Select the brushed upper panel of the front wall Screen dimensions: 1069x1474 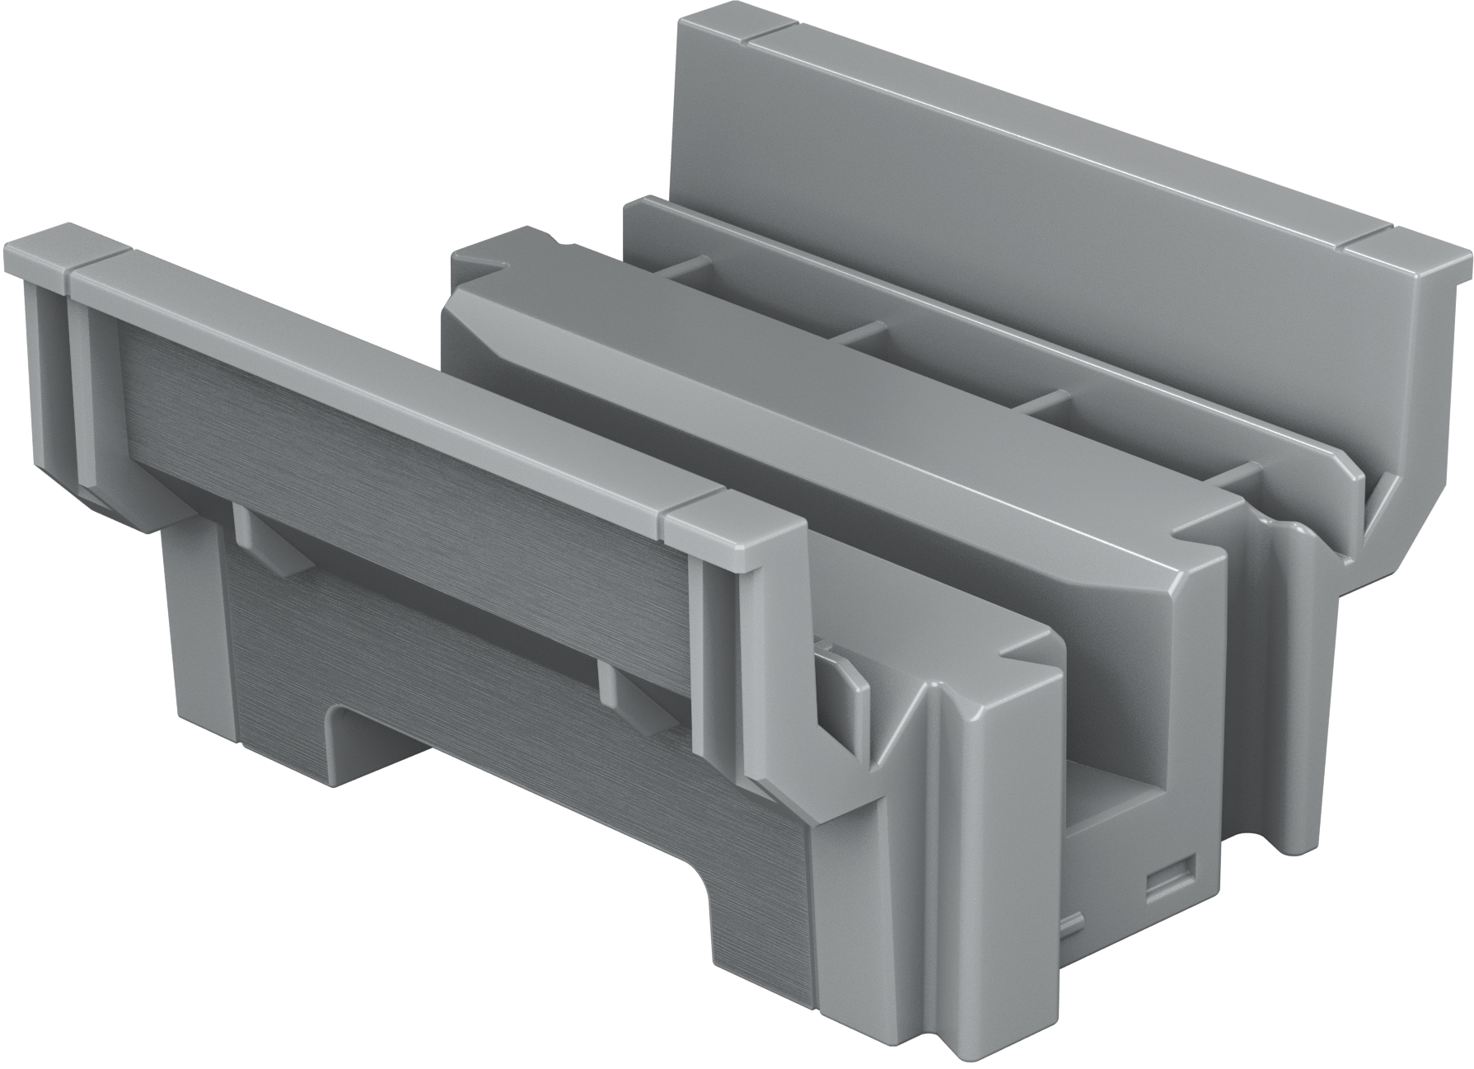coord(395,429)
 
